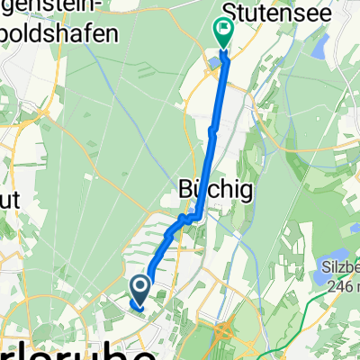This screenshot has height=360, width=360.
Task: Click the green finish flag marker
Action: point(222,33)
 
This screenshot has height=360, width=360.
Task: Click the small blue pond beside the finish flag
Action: point(212,61)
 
